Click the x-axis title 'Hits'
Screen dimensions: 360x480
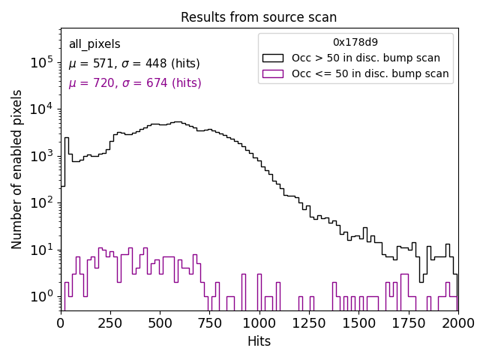coord(259,341)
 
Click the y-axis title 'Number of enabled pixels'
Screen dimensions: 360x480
coord(17,169)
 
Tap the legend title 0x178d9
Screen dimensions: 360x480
coord(355,42)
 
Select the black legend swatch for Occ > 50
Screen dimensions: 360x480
coord(274,58)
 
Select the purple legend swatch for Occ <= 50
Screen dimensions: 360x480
coord(274,73)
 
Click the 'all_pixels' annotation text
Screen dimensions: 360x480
coord(94,44)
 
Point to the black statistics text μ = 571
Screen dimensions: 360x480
coord(134,64)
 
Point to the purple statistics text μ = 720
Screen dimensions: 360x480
coord(135,83)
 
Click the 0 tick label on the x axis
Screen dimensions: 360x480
coord(61,322)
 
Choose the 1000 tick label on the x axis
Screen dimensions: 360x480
coord(259,322)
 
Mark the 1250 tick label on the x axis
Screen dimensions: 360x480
coord(310,322)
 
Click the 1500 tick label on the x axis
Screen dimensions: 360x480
coord(358,322)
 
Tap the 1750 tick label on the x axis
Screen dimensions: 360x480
coord(409,322)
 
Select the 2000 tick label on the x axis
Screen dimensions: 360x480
coord(457,322)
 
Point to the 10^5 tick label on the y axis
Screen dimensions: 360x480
coord(42,62)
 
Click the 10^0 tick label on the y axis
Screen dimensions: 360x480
coord(42,296)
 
